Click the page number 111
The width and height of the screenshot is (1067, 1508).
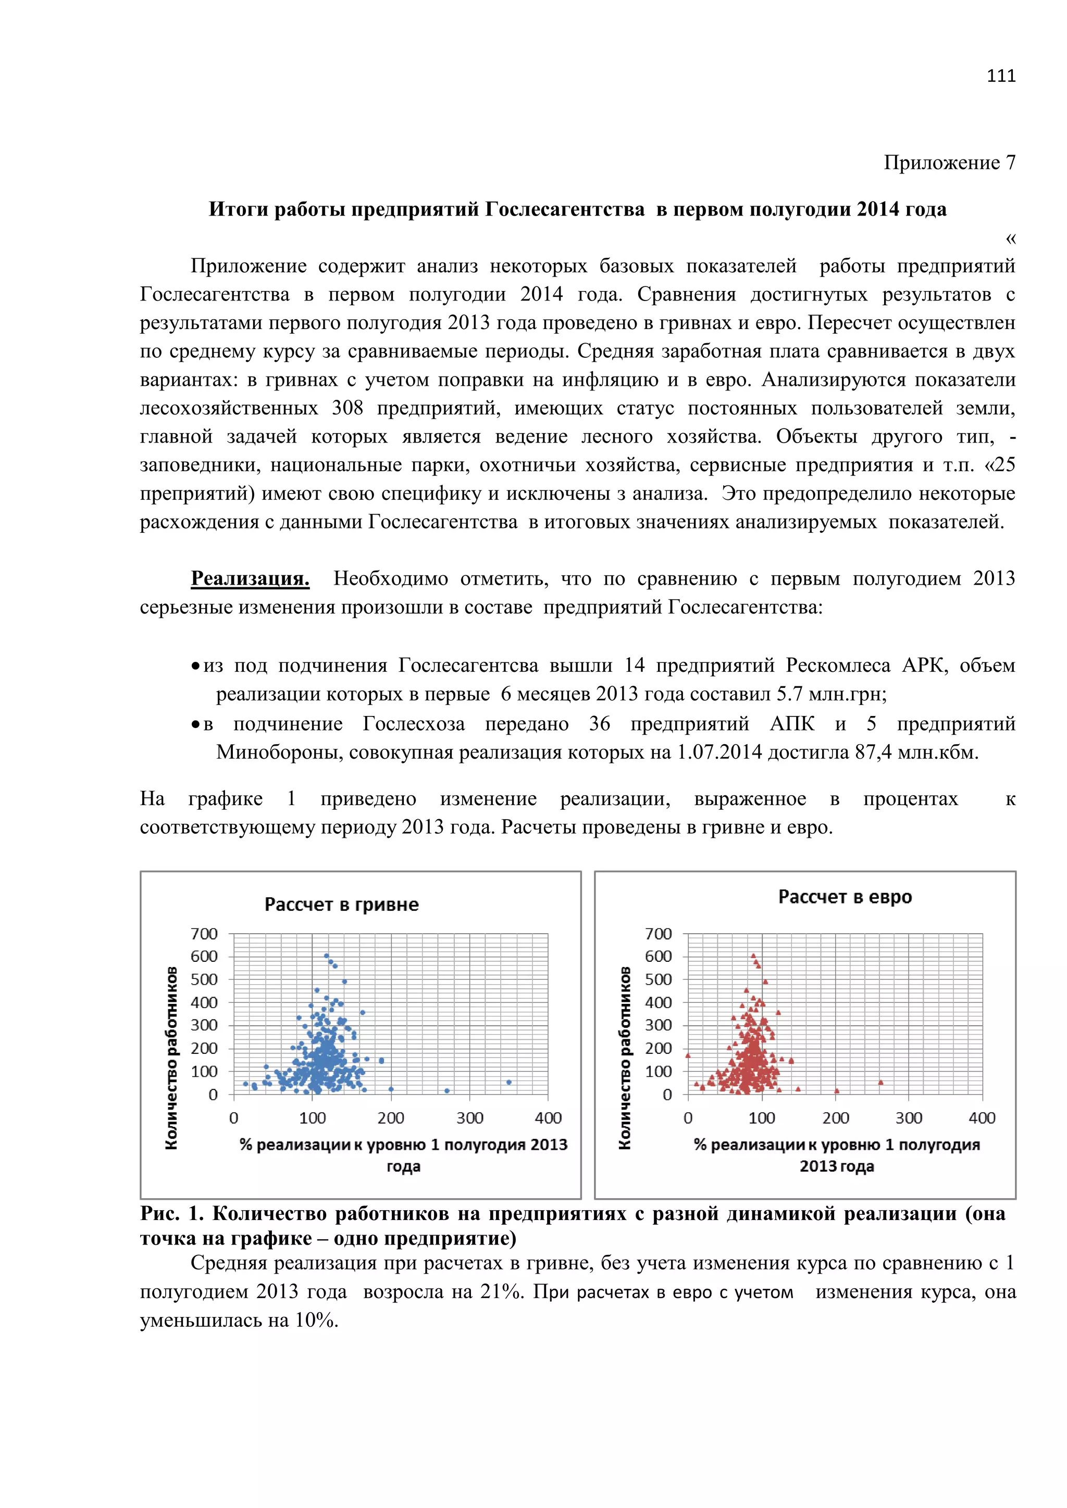pos(1001,76)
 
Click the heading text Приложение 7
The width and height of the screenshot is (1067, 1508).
pos(949,162)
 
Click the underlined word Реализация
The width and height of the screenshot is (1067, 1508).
pos(250,579)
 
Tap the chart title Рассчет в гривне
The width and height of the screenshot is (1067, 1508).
pos(341,904)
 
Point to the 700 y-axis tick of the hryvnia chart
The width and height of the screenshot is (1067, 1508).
pos(204,934)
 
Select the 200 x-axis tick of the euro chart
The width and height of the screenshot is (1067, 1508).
pos(835,1118)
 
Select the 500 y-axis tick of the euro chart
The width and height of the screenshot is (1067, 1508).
pos(659,979)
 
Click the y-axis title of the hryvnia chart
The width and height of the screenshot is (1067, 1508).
pos(171,1058)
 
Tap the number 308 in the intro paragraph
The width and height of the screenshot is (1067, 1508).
pos(347,409)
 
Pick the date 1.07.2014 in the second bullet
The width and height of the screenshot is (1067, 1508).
pos(719,752)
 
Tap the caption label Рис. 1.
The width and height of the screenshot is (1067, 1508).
pos(172,1214)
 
